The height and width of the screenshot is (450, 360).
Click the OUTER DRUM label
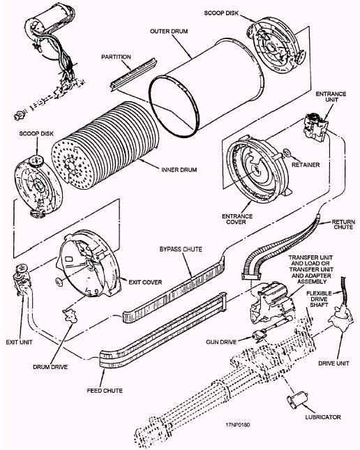coord(169,31)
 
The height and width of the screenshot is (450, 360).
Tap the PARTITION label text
coord(116,57)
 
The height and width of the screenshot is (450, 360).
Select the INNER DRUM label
coord(179,170)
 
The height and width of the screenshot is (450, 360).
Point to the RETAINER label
coord(306,165)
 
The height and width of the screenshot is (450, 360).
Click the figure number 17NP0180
coord(237,425)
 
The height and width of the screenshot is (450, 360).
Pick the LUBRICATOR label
coord(323,417)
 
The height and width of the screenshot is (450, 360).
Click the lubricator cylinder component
coord(297,400)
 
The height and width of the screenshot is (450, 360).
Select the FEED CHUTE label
coord(105,391)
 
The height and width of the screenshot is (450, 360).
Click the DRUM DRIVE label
coord(50,367)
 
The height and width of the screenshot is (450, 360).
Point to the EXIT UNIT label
coord(20,342)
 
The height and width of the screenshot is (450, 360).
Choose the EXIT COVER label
coord(145,282)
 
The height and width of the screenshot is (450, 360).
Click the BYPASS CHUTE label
coord(181,249)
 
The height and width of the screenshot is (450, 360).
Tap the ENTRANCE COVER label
coord(237,219)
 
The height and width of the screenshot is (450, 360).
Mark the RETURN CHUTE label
coord(343,225)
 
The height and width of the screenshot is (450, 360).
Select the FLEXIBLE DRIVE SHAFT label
coord(320,299)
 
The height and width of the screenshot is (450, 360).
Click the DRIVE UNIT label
coord(333,363)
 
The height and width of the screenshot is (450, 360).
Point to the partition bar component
coord(134,75)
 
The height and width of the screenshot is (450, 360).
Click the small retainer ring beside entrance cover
coord(287,153)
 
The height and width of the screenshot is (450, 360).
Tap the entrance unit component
coord(315,126)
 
